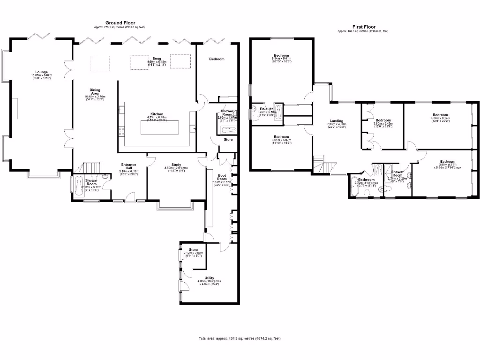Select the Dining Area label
(x=95, y=92)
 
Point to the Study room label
(x=176, y=165)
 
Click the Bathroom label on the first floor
(x=366, y=180)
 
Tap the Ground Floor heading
(x=120, y=22)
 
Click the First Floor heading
(x=363, y=27)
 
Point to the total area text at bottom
(x=240, y=338)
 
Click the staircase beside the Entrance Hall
(x=92, y=167)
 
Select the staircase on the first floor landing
(x=324, y=165)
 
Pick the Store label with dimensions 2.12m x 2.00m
(x=193, y=250)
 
